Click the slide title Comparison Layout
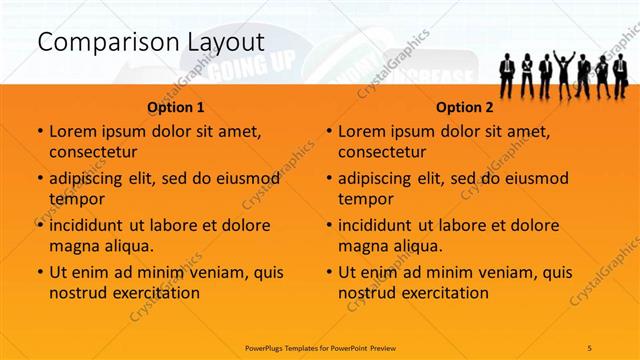150,43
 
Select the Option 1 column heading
176,107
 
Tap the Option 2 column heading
465,107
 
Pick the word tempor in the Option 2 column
363,198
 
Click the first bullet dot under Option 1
39,131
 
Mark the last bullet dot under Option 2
329,272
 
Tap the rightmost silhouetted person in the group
619,73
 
